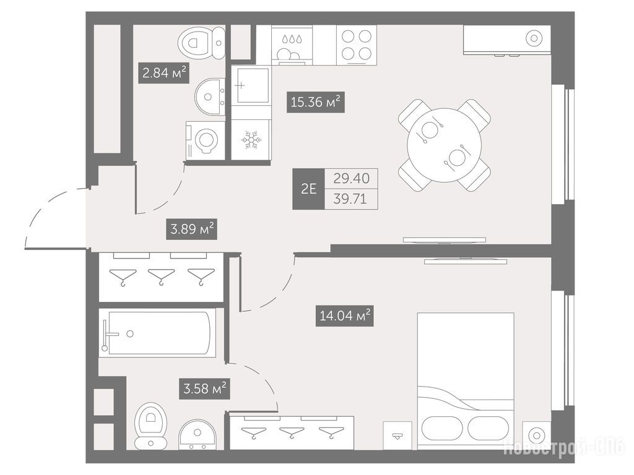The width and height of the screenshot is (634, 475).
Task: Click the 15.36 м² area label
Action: (315, 102)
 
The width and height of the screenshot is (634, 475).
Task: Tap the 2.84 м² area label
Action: (163, 73)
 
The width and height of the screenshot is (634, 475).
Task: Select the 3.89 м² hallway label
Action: (192, 229)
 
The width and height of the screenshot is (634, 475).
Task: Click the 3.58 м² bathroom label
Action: (204, 388)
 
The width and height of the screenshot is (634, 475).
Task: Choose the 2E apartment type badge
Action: (308, 189)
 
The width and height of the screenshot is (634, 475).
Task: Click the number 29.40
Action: (352, 178)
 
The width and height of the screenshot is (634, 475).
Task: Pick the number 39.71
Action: (352, 199)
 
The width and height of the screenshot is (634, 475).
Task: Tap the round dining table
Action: (445, 145)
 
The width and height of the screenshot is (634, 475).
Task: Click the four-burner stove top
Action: (357, 45)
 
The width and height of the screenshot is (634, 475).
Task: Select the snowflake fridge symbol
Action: (251, 140)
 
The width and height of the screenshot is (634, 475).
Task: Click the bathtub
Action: (157, 333)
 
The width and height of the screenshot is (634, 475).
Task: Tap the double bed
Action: (466, 380)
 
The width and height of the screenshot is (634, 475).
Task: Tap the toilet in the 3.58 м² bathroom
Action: (151, 426)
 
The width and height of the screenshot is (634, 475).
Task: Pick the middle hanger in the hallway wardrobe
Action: (162, 276)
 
